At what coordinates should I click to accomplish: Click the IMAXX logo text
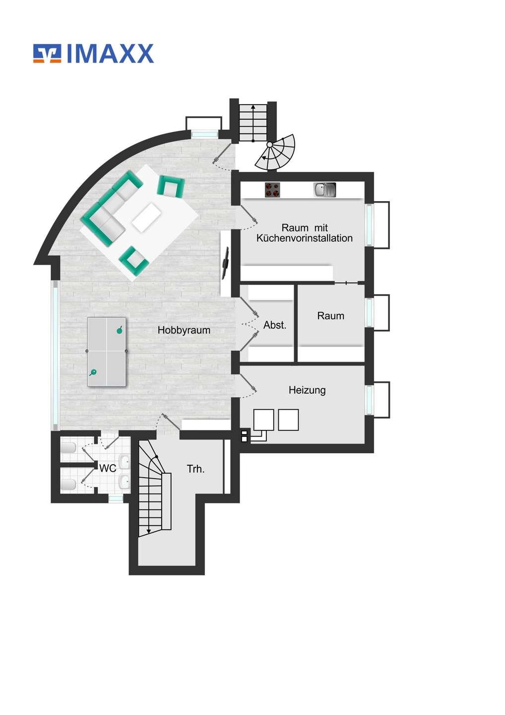click(110, 53)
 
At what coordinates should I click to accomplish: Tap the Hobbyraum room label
click(184, 330)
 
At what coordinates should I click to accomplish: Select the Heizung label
click(307, 390)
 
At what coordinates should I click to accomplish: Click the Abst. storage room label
click(275, 325)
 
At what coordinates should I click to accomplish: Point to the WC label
click(108, 468)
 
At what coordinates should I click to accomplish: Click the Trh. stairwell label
click(196, 469)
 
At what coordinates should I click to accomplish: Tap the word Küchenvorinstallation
click(305, 238)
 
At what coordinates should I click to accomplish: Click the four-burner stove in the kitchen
click(272, 189)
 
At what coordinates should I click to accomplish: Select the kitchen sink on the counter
click(324, 189)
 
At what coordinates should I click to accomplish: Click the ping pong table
click(107, 352)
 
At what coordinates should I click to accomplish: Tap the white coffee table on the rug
click(146, 218)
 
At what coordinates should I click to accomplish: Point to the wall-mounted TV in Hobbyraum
click(225, 263)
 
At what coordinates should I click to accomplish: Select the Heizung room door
click(248, 382)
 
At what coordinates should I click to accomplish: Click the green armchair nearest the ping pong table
click(134, 257)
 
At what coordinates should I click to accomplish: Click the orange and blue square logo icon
click(47, 53)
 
